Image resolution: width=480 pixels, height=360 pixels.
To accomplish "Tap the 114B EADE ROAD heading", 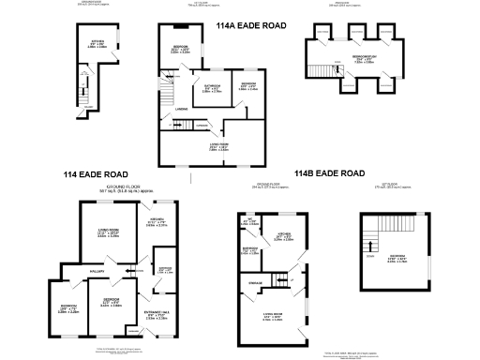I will click(x=329, y=173).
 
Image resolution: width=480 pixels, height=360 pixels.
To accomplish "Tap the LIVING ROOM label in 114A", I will click(x=218, y=145).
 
